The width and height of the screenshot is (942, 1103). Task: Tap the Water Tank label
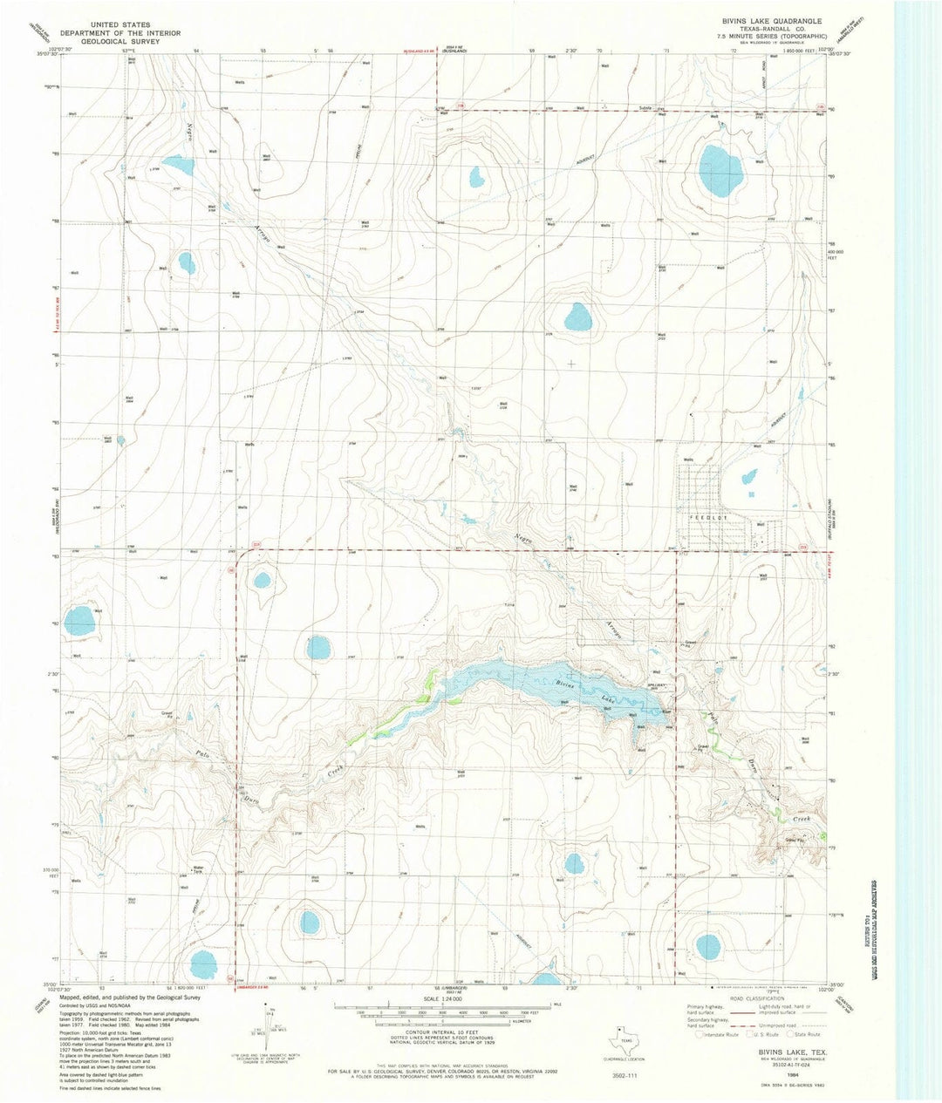[x=198, y=868]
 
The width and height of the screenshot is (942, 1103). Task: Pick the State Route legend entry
[x=804, y=1034]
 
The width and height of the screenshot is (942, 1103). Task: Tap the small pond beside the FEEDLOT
[x=748, y=477]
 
